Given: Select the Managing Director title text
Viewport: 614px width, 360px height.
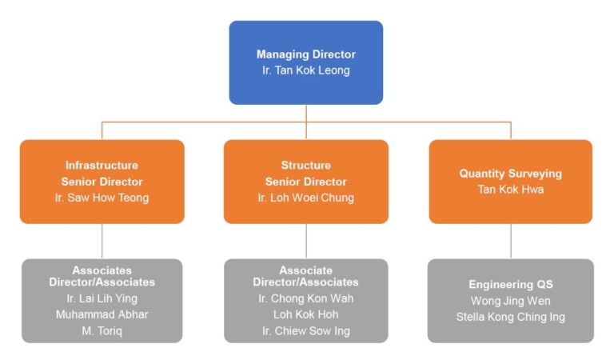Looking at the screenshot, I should [x=306, y=54].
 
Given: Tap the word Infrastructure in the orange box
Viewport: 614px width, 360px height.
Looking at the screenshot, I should [x=102, y=166].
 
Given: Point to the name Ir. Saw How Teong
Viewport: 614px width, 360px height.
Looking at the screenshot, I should [x=102, y=198].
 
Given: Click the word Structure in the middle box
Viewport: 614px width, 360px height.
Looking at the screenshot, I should [x=306, y=166].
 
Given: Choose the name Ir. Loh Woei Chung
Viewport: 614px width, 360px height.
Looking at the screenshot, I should [x=306, y=198].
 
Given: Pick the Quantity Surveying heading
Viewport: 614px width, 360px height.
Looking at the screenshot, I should [x=510, y=174].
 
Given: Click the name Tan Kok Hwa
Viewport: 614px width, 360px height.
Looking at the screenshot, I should [x=510, y=190].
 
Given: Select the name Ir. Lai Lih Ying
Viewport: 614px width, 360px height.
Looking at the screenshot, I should [x=102, y=298].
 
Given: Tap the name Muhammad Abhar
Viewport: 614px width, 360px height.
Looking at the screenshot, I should [x=102, y=314].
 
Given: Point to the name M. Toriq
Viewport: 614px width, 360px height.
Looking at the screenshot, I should [x=102, y=330].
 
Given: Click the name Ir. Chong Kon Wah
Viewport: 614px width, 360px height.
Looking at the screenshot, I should [x=306, y=298].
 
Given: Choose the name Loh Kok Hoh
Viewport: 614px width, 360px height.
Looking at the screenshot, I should [x=306, y=314].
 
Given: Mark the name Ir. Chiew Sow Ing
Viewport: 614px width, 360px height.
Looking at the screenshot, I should [x=306, y=330].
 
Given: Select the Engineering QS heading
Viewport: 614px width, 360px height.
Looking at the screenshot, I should [x=510, y=285].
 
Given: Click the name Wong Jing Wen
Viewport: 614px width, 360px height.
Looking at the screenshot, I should [x=510, y=301].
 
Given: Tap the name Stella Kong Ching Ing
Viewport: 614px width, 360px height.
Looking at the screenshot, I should [x=510, y=317].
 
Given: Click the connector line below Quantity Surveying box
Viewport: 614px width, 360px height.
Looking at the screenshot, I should [x=511, y=241].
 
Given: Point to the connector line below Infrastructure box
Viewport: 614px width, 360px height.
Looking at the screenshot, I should [x=102, y=241].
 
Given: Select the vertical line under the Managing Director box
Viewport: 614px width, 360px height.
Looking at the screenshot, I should [x=306, y=113].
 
